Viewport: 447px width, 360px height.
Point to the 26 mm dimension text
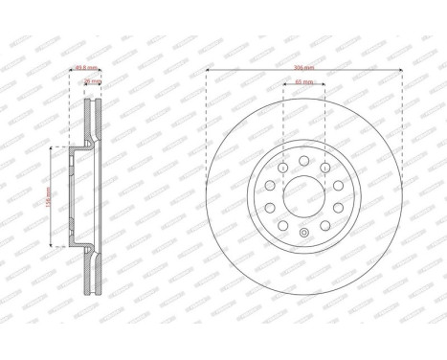coord(91,82)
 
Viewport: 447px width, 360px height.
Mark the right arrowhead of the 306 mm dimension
coord(401,77)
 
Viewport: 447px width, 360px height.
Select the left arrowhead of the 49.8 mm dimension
coord(72,73)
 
